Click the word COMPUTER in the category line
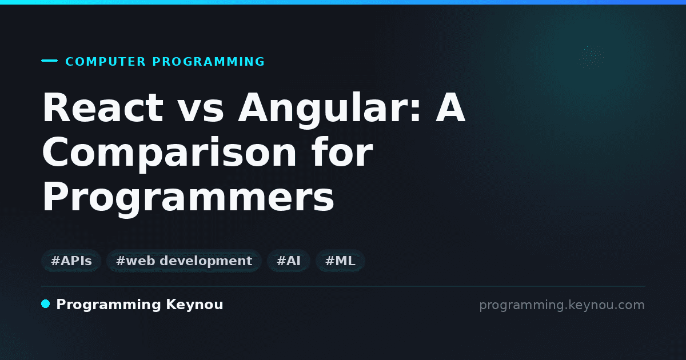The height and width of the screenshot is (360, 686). point(105,62)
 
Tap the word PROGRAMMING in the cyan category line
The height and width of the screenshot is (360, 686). point(209,62)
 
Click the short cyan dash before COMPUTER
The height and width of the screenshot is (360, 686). point(49,61)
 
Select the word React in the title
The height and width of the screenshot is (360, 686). point(103,107)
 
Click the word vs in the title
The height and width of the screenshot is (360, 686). point(201,111)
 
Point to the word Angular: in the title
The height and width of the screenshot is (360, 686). point(330,110)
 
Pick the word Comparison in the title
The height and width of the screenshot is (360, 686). point(169,154)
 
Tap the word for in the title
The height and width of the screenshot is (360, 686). point(342,151)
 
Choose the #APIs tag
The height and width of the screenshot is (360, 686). point(71,261)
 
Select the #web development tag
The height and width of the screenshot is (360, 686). point(184,261)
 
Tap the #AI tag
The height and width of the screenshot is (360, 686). point(289,261)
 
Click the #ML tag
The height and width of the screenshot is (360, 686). point(340,261)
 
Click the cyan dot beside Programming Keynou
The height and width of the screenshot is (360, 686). point(45,304)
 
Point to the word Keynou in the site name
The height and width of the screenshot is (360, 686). point(194,305)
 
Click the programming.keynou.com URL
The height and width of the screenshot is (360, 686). point(562,305)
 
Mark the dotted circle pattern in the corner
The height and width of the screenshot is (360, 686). point(591,57)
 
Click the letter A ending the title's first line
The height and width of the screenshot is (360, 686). point(450,107)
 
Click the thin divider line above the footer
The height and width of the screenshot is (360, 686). point(343,286)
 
